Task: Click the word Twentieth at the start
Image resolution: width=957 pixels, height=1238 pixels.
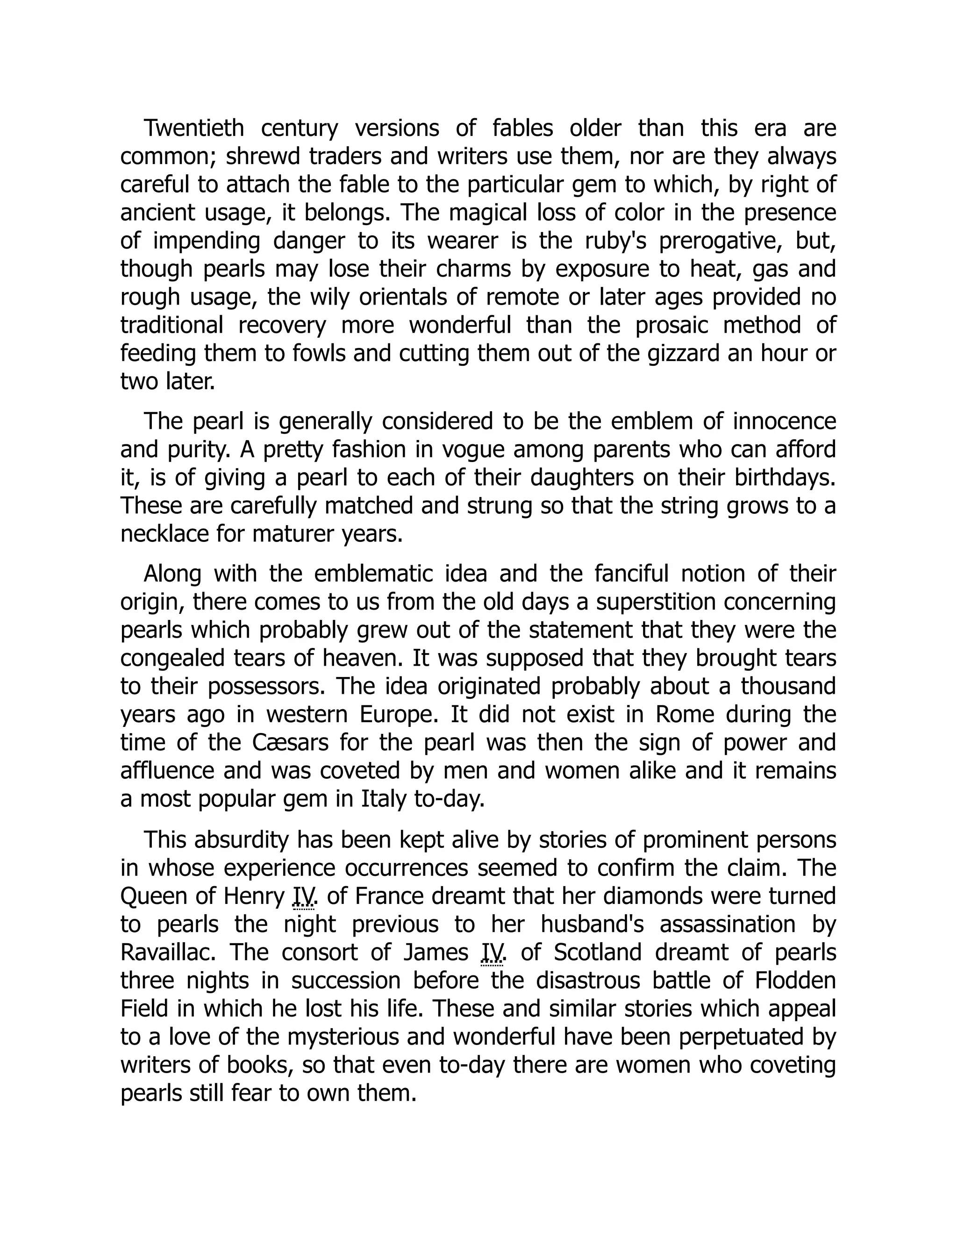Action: click(193, 128)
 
